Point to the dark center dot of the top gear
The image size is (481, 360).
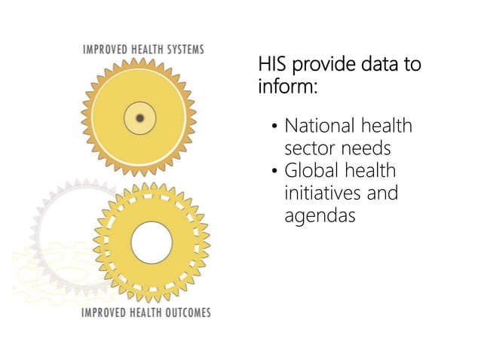[x=140, y=117]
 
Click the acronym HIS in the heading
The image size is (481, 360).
[x=272, y=64]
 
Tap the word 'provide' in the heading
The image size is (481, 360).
[x=320, y=64]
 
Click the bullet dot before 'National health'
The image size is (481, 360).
[x=275, y=126]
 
